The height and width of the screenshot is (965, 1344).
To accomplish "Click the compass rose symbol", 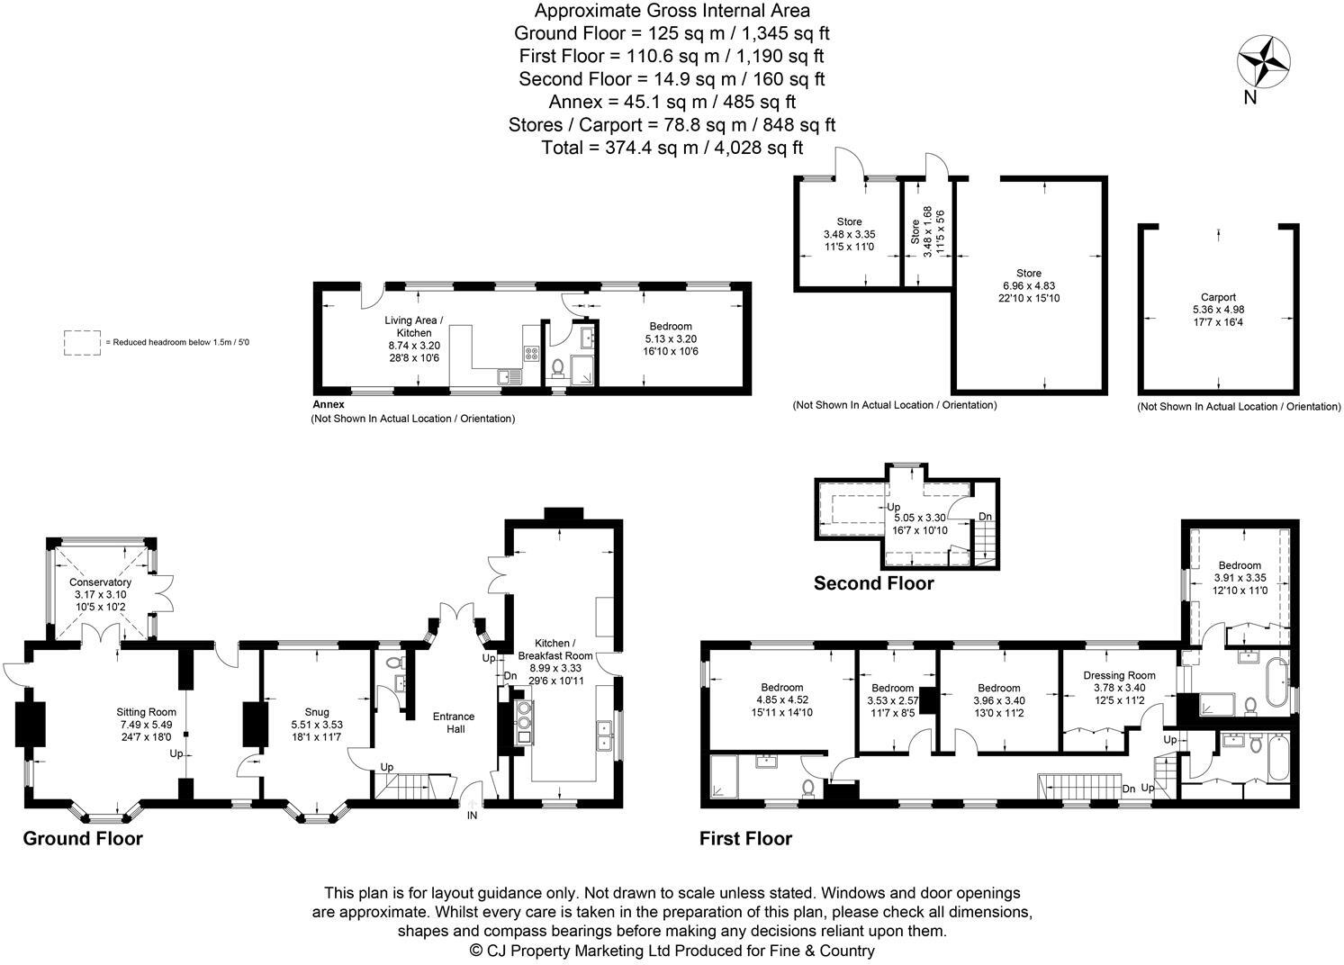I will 1264,61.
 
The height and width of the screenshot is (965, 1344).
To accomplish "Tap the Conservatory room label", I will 101,582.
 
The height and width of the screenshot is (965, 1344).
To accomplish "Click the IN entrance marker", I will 472,816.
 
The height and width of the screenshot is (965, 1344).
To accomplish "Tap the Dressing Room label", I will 1119,675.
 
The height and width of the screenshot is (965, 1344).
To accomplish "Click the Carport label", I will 1218,297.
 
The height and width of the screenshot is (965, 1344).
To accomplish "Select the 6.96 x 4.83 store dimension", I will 1029,285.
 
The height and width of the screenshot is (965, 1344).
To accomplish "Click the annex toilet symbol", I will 556,367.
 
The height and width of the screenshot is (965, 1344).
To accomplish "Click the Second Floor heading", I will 873,583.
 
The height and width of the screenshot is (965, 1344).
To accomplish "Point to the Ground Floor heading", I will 82,839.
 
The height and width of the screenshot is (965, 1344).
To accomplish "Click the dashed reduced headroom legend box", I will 82,342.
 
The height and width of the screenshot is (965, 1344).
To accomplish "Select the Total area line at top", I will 672,148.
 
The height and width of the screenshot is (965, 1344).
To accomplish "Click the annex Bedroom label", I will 671,326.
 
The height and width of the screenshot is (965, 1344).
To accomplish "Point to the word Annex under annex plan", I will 329,405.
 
